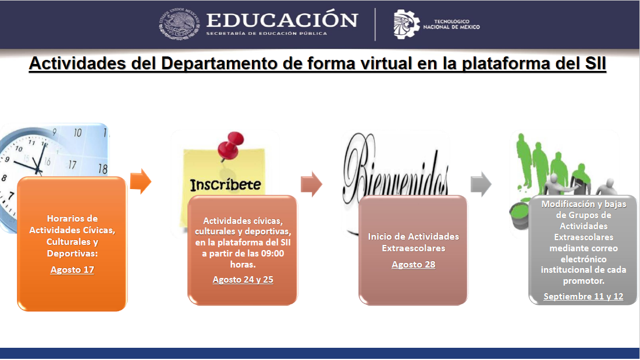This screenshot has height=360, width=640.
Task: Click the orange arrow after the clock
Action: coord(141,181)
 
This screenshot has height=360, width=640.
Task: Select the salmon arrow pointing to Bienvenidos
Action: coord(311,184)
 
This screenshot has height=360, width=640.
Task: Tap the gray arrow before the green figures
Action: coord(481,184)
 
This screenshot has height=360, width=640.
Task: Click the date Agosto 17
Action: coord(72,270)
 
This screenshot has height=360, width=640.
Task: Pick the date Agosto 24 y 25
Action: coord(243,280)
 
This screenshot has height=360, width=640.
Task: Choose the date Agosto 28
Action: coord(414,265)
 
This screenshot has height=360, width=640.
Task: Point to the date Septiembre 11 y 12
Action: coord(583,297)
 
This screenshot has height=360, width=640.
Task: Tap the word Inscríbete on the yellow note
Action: coord(225,184)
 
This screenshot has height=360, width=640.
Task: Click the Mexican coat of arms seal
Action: coord(179,24)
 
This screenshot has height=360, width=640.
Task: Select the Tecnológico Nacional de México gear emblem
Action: coord(406,24)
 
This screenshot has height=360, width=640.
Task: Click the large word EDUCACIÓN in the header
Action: coord(282,20)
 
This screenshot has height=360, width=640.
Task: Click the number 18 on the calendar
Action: coord(102,169)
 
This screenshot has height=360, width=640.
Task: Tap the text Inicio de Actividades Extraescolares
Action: coord(414,242)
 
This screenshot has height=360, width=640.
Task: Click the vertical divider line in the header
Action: coord(375,24)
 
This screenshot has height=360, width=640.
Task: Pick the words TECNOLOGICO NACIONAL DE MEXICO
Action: coord(451,24)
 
